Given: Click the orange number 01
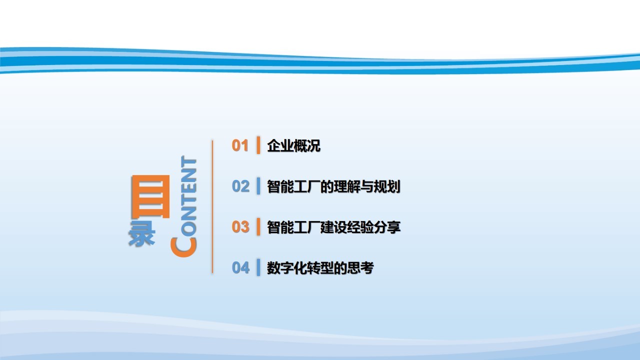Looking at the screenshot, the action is [x=239, y=145].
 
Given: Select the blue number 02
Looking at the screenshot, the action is [x=240, y=186].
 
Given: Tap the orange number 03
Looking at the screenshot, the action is [x=240, y=227].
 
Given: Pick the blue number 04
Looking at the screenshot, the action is [x=240, y=267].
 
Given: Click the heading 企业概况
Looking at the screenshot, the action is [x=293, y=145].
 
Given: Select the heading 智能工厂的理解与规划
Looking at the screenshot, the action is [x=333, y=186].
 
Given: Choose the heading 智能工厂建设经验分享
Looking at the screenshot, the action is [x=333, y=227].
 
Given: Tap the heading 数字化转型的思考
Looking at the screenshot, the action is [x=320, y=268].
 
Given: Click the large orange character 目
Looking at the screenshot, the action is [x=150, y=196].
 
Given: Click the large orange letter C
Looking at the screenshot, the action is [x=183, y=247].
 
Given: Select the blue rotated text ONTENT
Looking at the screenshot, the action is [x=189, y=196].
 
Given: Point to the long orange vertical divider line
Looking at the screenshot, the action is [x=212, y=206].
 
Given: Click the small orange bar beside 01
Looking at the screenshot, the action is [x=258, y=145].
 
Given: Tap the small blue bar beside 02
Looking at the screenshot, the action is [x=258, y=186].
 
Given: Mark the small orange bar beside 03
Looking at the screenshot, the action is [x=258, y=227].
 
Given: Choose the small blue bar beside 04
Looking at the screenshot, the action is [x=258, y=267].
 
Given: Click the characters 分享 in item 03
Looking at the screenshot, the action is [x=387, y=227].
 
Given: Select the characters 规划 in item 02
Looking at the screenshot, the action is [x=387, y=186].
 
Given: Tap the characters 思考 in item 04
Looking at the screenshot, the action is [x=360, y=268].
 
